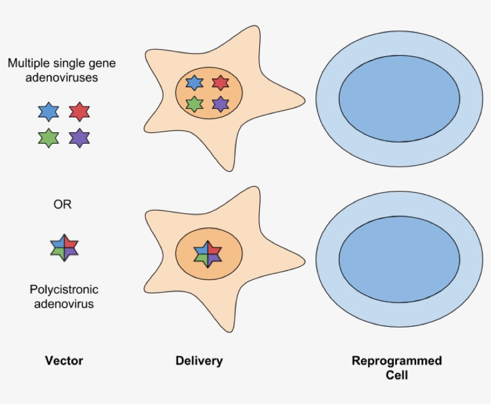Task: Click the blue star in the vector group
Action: click(x=48, y=112)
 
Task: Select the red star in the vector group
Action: click(x=79, y=112)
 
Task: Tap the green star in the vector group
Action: click(x=48, y=138)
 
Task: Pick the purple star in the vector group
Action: click(x=79, y=138)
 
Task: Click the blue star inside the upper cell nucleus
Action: click(x=195, y=83)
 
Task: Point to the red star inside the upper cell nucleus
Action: click(x=221, y=83)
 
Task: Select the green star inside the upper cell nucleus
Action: click(x=195, y=104)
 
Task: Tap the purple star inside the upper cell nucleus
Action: click(x=221, y=104)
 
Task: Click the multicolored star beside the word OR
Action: click(x=64, y=247)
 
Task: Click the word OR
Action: click(x=62, y=205)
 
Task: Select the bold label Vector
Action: click(x=63, y=360)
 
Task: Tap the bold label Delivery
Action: click(x=199, y=360)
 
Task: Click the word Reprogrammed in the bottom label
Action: click(x=396, y=361)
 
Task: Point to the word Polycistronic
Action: click(x=64, y=290)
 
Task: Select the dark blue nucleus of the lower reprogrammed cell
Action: click(x=399, y=259)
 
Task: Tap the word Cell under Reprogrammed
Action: click(x=396, y=375)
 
